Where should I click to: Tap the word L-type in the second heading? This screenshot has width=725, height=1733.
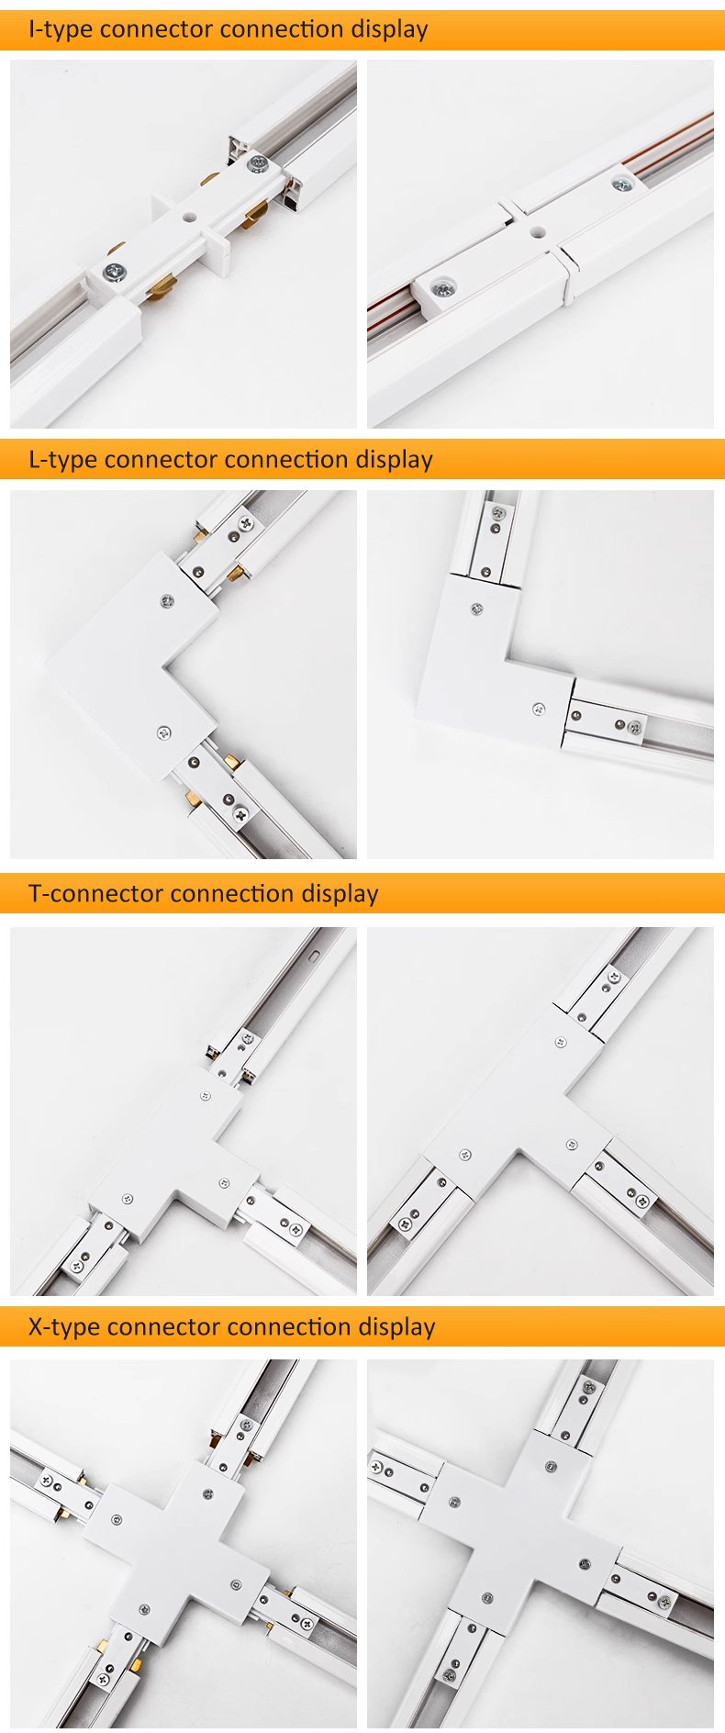(62, 460)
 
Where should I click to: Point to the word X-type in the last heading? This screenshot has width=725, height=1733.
(63, 1327)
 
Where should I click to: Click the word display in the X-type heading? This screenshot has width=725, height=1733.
(396, 1327)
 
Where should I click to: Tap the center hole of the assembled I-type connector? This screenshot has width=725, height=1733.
(538, 233)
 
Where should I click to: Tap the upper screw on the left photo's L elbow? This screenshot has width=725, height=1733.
(167, 602)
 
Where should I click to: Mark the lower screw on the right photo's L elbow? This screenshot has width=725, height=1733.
(539, 709)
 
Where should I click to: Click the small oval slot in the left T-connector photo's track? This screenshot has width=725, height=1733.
(314, 954)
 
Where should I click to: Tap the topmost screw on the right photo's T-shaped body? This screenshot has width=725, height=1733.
(561, 1043)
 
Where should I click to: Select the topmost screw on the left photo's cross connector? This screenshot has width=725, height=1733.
(208, 1494)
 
